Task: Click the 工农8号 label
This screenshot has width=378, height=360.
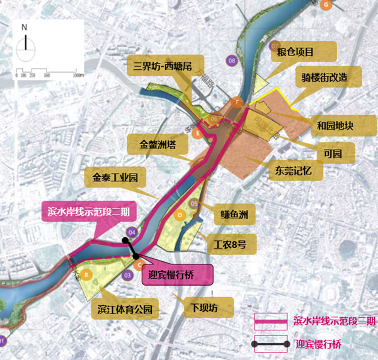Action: (x=226, y=244)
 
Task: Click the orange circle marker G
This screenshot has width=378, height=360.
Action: (x=326, y=4)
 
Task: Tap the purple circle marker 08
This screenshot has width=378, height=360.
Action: (x=232, y=60)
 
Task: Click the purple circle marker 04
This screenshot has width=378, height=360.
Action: (x=131, y=232)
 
